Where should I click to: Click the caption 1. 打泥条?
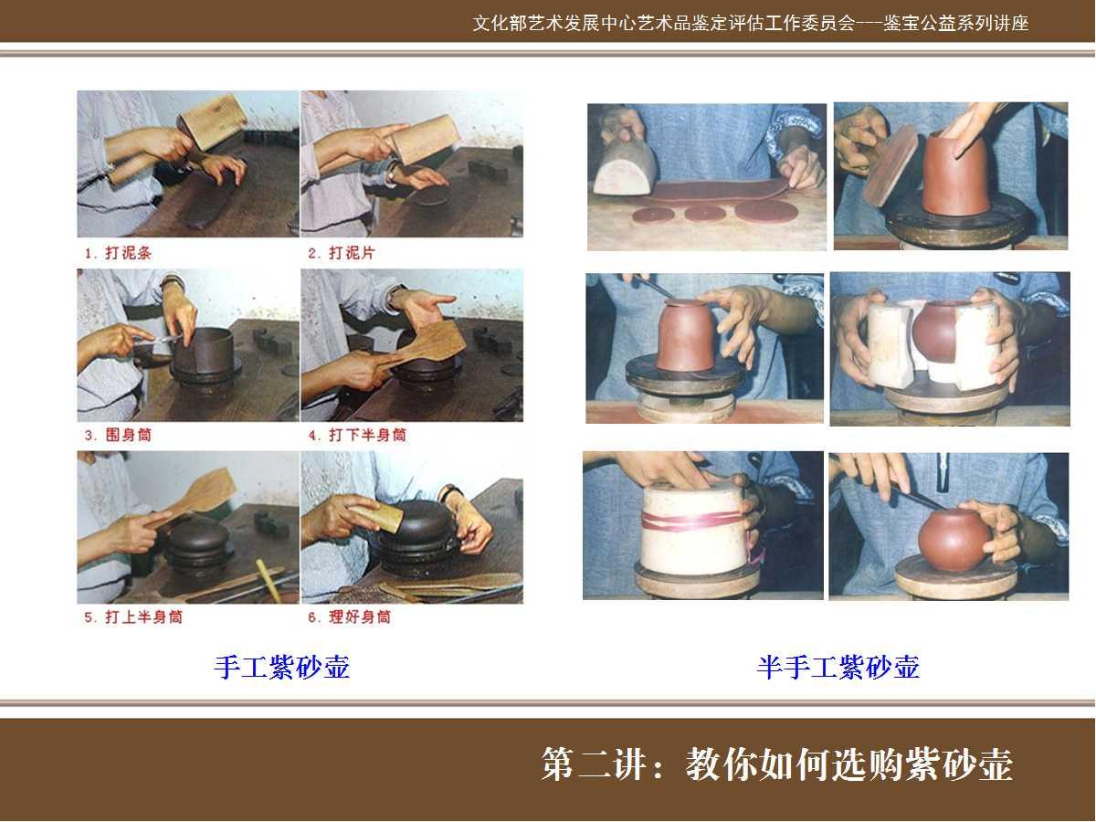(x=118, y=253)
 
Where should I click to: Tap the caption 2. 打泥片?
(x=342, y=253)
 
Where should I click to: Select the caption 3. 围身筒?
(x=118, y=436)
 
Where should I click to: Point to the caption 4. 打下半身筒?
(x=357, y=436)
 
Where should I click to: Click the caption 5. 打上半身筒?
(x=133, y=617)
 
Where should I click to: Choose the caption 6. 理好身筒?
(x=350, y=617)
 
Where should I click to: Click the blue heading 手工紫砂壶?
(x=282, y=667)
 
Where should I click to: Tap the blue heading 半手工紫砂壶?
(x=838, y=667)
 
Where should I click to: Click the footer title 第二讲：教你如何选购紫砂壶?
(x=777, y=764)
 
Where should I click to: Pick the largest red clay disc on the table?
(x=765, y=211)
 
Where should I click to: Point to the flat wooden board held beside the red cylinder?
(x=891, y=165)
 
